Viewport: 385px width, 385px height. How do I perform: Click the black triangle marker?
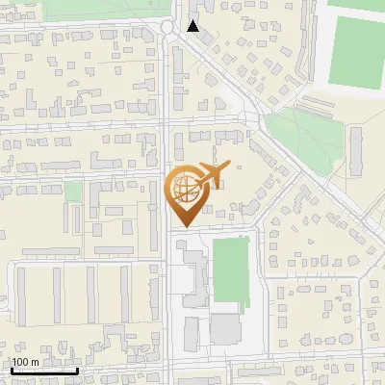[x=193, y=26]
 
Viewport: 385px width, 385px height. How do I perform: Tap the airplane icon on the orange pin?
[x=209, y=176]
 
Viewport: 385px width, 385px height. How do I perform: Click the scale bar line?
[x=44, y=371]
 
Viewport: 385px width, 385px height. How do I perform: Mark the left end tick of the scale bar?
[x=12, y=370]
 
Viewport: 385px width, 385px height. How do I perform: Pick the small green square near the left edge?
[x=73, y=191]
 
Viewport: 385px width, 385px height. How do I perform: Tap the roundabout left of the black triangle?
[x=170, y=27]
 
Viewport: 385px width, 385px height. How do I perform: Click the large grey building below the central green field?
[x=226, y=329]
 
